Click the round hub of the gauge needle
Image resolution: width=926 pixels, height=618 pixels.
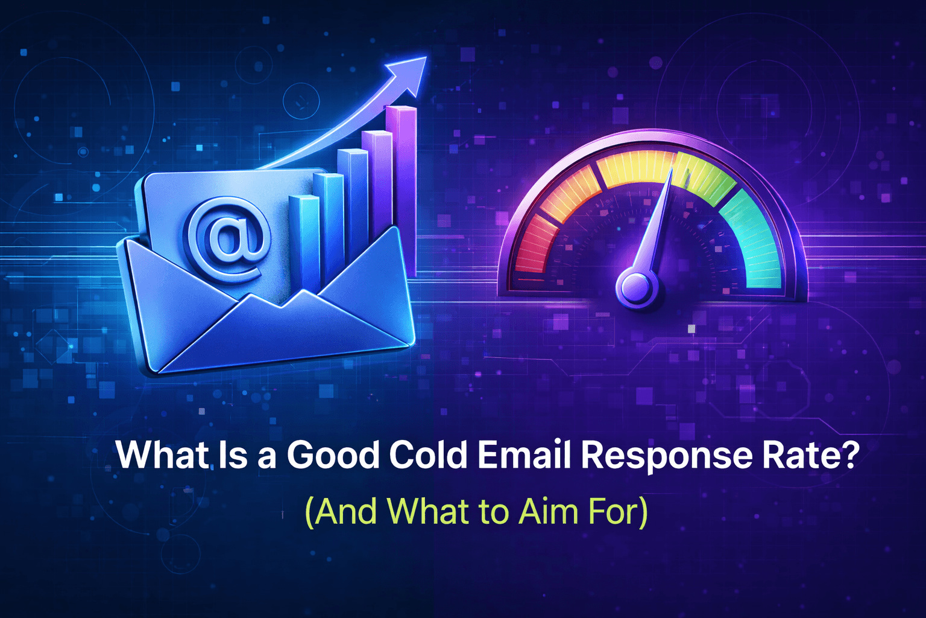tap(637, 287)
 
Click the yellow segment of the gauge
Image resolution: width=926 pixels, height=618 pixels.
tap(633, 166)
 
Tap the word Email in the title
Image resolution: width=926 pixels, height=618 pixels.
tap(523, 455)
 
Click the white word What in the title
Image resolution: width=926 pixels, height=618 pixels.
tap(162, 455)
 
